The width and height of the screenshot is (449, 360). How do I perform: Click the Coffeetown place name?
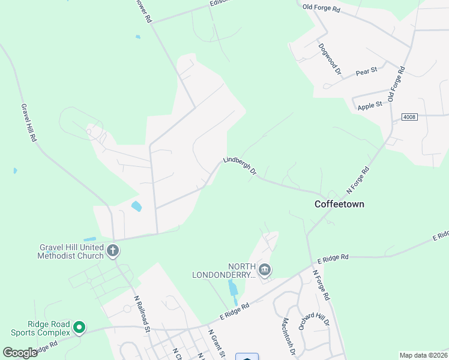click(x=339, y=204)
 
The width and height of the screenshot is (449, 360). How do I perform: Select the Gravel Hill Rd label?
click(x=29, y=122)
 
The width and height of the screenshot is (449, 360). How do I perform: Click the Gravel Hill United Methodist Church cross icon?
click(x=113, y=251)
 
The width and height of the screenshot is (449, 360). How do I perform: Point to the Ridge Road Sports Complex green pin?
click(x=79, y=328)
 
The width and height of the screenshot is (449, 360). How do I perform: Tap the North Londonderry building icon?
click(x=265, y=271)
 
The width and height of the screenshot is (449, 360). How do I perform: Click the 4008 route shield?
click(x=410, y=116)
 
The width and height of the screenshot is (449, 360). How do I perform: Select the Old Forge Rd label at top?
click(x=321, y=8)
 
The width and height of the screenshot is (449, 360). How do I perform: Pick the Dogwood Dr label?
click(x=330, y=59)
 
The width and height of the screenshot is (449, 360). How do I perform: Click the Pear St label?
click(x=366, y=71)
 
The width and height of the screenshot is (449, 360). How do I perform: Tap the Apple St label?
click(x=370, y=106)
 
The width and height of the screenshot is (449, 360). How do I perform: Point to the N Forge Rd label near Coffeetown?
click(x=359, y=180)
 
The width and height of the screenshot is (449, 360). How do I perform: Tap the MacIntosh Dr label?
click(x=287, y=336)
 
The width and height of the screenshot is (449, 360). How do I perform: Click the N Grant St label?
click(x=217, y=344)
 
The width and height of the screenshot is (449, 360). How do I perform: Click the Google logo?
click(x=20, y=353)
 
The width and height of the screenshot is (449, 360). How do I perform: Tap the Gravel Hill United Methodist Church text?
click(x=71, y=251)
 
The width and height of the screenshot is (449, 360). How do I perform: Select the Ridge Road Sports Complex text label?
click(x=39, y=328)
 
